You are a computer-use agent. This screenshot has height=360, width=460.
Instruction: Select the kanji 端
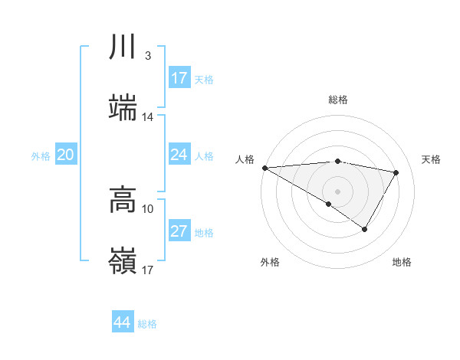point(123,108)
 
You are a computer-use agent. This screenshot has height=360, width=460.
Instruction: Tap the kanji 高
point(123,200)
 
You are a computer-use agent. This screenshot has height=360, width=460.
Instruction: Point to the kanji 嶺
point(123,260)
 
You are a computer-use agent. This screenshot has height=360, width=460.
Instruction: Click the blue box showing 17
point(179,78)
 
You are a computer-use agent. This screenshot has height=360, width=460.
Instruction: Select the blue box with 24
point(179,155)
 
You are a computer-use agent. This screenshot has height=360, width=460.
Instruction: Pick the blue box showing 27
point(179,231)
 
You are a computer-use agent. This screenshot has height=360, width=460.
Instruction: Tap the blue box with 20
point(66,155)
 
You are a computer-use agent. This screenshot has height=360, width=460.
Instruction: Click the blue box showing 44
point(123,322)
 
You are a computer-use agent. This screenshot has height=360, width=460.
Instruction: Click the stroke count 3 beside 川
point(147,56)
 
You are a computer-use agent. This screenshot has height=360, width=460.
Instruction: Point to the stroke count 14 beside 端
point(148,117)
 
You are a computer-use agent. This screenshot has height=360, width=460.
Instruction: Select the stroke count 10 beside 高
point(148,208)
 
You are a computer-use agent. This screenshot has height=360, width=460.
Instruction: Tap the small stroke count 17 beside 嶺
point(148,270)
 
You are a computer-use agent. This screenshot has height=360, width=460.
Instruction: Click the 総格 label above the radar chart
point(337,100)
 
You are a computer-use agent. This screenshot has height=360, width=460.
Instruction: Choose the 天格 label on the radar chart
point(432,159)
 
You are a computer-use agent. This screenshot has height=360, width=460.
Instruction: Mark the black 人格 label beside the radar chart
point(244,159)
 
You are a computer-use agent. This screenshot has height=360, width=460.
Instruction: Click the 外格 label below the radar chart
point(270,263)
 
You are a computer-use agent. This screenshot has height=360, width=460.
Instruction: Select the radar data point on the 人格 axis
point(264,168)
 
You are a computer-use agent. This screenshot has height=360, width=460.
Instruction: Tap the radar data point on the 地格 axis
point(365,229)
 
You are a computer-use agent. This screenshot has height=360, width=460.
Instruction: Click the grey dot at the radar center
point(337,191)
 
